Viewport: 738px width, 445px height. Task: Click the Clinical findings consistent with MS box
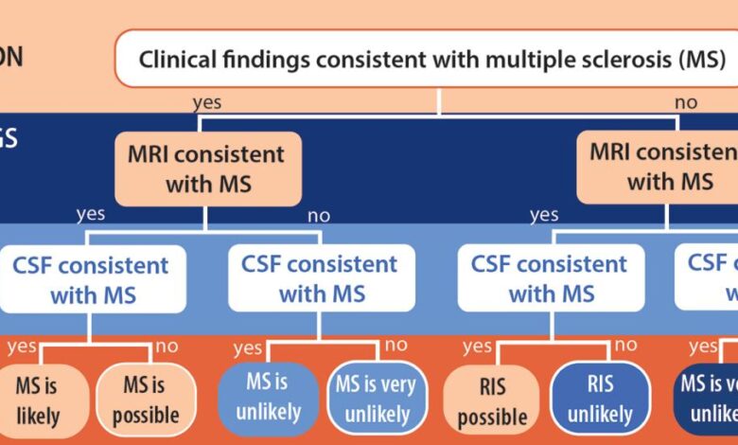(432, 59)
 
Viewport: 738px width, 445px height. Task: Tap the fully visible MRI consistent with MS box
(208, 168)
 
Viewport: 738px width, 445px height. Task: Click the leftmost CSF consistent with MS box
(91, 279)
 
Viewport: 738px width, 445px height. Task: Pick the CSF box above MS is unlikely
(320, 279)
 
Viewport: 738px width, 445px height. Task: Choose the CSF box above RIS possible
(549, 279)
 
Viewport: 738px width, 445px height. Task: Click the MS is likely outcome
(39, 400)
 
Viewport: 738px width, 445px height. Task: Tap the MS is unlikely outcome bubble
(267, 398)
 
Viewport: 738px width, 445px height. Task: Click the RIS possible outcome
(491, 401)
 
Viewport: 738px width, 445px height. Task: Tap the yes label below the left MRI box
(91, 214)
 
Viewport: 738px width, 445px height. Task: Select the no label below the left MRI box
(319, 215)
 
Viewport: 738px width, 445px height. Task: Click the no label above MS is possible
(167, 346)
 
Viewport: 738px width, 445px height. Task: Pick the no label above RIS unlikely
(625, 346)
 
